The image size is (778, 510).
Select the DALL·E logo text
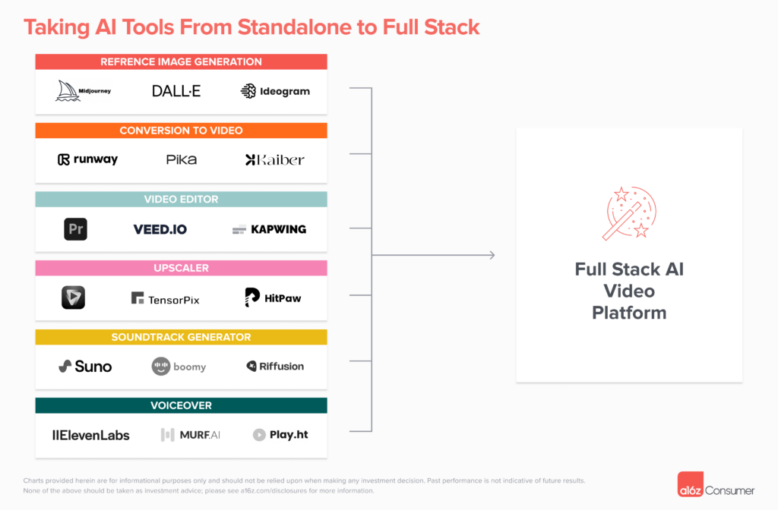176,91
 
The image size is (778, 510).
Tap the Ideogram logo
275,91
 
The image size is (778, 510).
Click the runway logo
87,159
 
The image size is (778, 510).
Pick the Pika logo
181,159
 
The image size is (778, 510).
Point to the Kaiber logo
274,159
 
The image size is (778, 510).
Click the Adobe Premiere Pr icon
75,229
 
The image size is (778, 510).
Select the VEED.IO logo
160,229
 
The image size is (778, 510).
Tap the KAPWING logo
269,229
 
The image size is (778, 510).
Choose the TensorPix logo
165,299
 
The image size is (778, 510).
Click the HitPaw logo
273,297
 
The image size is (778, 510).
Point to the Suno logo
85,367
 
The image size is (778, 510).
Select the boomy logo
179,367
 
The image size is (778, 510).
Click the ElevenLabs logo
90,436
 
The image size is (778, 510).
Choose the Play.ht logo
280,436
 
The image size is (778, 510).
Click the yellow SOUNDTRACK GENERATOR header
181,337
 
